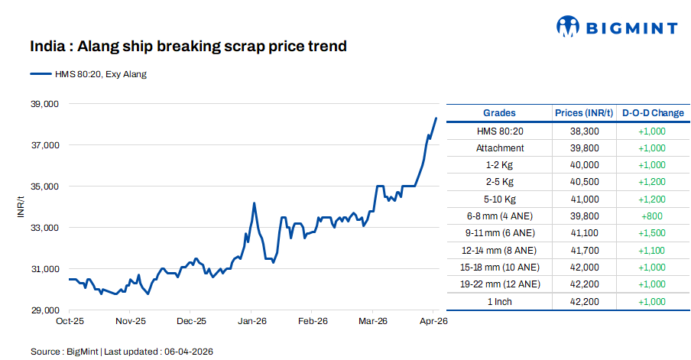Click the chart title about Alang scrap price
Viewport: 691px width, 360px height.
188,47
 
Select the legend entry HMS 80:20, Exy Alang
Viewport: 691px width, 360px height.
88,74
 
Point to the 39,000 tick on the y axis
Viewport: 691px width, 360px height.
44,104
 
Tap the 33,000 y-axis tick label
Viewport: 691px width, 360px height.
44,228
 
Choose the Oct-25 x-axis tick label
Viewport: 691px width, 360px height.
70,322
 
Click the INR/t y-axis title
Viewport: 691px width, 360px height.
21,206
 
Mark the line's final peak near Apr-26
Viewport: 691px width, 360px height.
436,118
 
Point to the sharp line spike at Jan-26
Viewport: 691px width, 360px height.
254,203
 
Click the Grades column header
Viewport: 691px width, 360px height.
499,113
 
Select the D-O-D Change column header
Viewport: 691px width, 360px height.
652,113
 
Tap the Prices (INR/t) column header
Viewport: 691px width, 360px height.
584,113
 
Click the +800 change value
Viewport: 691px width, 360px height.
652,216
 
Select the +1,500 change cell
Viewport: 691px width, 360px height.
652,233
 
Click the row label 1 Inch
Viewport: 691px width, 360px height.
499,301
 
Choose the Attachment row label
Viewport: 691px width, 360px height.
499,148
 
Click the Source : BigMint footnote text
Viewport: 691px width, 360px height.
122,352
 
